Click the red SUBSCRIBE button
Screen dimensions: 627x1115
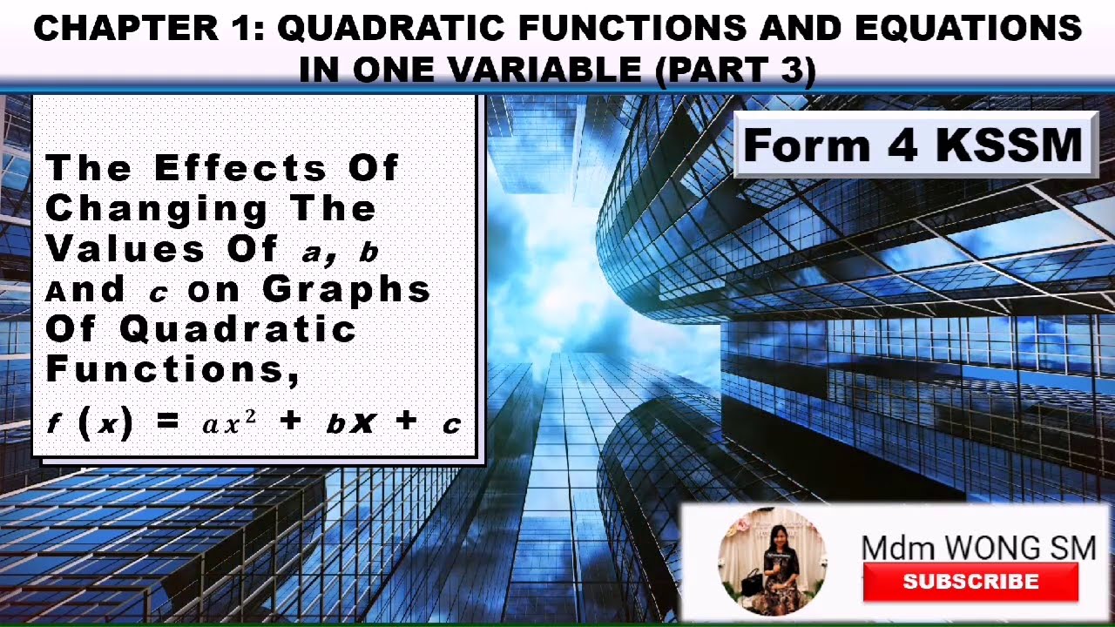970,582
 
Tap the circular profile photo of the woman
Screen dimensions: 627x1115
772,561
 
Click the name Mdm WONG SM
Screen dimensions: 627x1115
978,548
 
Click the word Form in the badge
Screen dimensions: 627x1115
805,145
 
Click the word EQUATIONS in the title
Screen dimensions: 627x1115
967,29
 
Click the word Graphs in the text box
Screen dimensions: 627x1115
347,289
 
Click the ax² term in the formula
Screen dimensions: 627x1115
229,424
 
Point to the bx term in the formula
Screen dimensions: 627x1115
350,424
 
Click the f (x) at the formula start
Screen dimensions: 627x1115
91,424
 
